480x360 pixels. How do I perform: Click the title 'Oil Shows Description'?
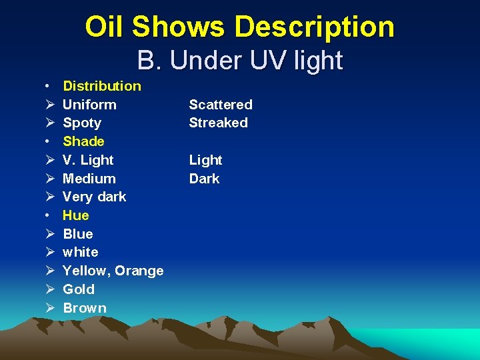(x=240, y=27)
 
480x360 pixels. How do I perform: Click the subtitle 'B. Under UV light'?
(x=240, y=61)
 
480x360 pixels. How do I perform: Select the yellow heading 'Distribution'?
(x=102, y=85)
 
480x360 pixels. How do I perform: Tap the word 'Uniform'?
(x=89, y=104)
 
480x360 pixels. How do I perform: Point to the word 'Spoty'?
(x=82, y=123)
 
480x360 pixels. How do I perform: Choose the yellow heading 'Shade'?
(x=83, y=141)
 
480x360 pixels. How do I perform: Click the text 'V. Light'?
(x=88, y=160)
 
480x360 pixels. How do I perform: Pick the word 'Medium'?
(x=89, y=179)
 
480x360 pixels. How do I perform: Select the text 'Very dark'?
(x=94, y=197)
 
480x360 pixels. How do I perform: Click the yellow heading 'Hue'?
(x=75, y=215)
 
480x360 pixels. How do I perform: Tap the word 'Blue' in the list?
(x=78, y=234)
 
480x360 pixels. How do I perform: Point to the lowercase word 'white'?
(x=81, y=252)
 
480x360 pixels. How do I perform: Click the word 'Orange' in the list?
(x=139, y=271)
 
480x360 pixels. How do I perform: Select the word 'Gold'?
(x=79, y=289)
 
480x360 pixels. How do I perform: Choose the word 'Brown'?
(x=85, y=308)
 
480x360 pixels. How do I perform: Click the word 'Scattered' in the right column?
(x=221, y=104)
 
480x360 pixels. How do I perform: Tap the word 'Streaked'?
(x=218, y=123)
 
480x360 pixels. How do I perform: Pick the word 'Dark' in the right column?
(x=204, y=179)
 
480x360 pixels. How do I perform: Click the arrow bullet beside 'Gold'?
(x=51, y=289)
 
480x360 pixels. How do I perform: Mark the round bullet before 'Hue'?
(x=50, y=216)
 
